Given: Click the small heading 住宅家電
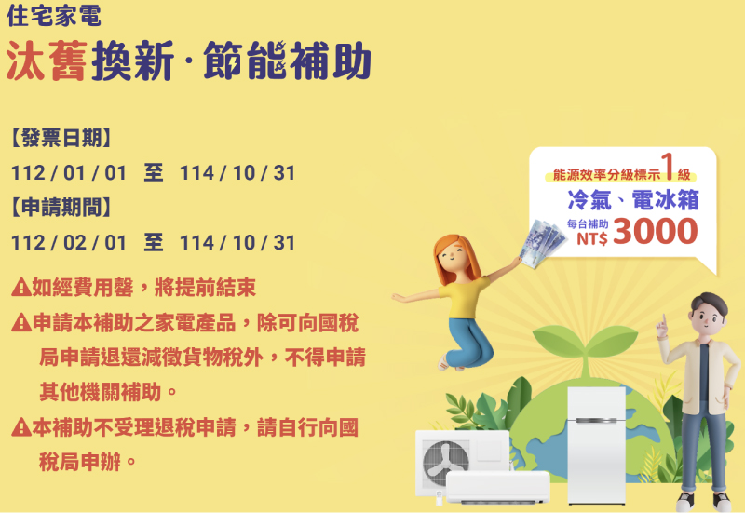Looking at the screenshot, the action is (54, 15).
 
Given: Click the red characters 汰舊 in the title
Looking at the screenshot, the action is (47, 61).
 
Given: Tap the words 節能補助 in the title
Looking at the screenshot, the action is (287, 61).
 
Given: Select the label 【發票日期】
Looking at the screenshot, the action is (61, 138).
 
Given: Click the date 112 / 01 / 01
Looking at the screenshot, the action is (69, 173).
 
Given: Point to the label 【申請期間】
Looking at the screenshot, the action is (61, 208).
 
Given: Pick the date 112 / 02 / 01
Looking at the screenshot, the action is (69, 243).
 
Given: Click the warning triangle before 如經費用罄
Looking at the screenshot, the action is (20, 288).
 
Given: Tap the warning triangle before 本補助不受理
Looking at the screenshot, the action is (20, 427).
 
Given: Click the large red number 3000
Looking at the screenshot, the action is (656, 231).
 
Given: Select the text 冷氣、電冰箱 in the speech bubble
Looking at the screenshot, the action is (633, 199).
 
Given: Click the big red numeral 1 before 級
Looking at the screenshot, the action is (669, 167).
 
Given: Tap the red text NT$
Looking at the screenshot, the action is (592, 238).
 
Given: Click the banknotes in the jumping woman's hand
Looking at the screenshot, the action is (542, 243).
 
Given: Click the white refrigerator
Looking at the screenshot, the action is (597, 446).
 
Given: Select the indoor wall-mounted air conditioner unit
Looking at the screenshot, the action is (498, 487).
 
